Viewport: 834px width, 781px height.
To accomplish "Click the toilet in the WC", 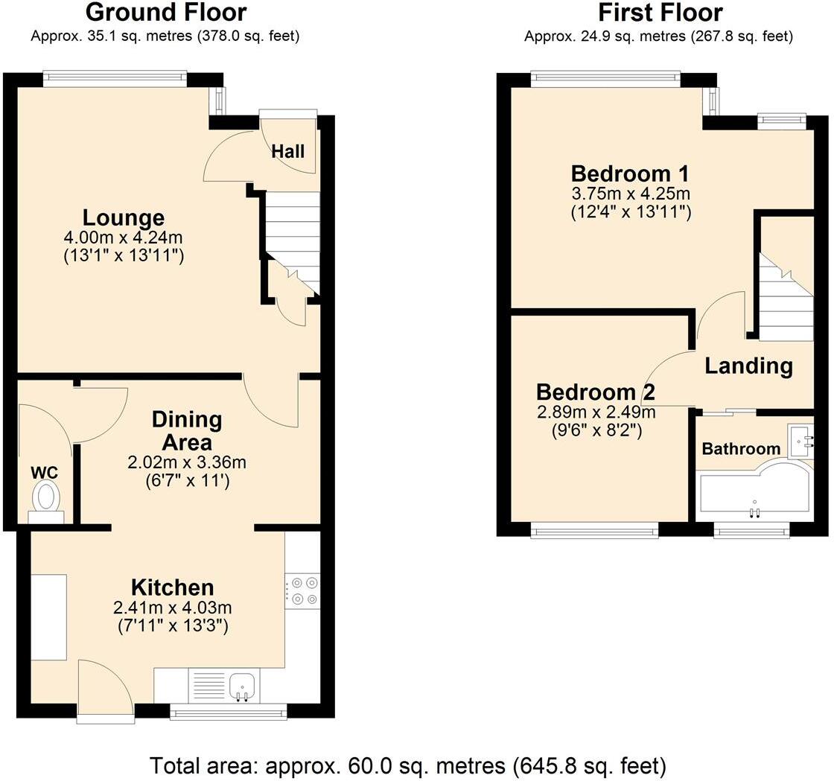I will tap(46, 497).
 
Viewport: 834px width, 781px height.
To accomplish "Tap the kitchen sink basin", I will tap(242, 685).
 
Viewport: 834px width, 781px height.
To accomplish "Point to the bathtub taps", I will tap(754, 510).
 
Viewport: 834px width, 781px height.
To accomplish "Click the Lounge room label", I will tap(124, 218).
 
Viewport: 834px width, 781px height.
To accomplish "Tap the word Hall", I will tap(287, 151).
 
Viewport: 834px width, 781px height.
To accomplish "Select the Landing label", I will tap(748, 366).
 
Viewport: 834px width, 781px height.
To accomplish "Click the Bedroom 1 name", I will tap(630, 174).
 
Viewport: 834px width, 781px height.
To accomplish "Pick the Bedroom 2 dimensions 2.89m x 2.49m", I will tap(596, 412).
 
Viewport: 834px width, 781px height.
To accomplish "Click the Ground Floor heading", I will tap(165, 13).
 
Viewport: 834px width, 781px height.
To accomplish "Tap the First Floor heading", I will tap(659, 13).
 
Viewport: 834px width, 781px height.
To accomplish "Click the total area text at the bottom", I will tap(408, 765).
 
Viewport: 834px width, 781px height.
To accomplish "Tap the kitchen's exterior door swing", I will tap(104, 686).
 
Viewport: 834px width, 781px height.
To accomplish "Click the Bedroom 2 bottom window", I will tap(594, 530).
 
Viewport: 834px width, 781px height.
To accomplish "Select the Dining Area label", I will tap(187, 430).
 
